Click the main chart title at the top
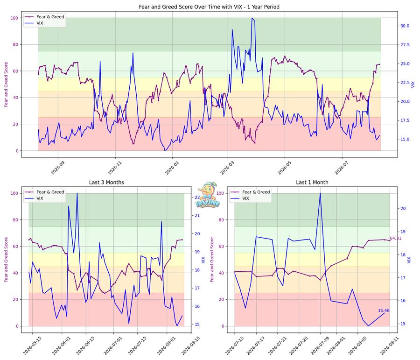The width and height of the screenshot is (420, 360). click(209, 7)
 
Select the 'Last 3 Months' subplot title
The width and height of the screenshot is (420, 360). click(106, 182)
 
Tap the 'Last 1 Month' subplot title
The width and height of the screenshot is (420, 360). click(312, 182)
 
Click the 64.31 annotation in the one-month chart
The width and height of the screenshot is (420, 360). click(395, 238)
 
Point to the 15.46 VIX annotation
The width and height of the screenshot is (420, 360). click(384, 311)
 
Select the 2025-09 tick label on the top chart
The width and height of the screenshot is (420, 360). click(57, 168)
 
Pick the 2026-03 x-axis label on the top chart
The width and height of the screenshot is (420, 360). click(227, 168)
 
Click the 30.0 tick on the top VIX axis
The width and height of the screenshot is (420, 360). click(405, 26)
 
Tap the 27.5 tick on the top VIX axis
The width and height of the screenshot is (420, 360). click(405, 44)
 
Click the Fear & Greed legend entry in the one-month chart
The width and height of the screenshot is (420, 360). click(251, 192)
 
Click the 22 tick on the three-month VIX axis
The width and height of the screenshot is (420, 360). click(197, 198)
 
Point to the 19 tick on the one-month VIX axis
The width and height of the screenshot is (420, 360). click(403, 232)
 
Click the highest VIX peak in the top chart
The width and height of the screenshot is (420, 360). click(252, 18)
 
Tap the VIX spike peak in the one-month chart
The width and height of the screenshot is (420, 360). click(320, 193)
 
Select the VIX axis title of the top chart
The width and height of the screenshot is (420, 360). click(413, 85)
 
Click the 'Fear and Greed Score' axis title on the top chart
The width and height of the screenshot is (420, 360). click(6, 85)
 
